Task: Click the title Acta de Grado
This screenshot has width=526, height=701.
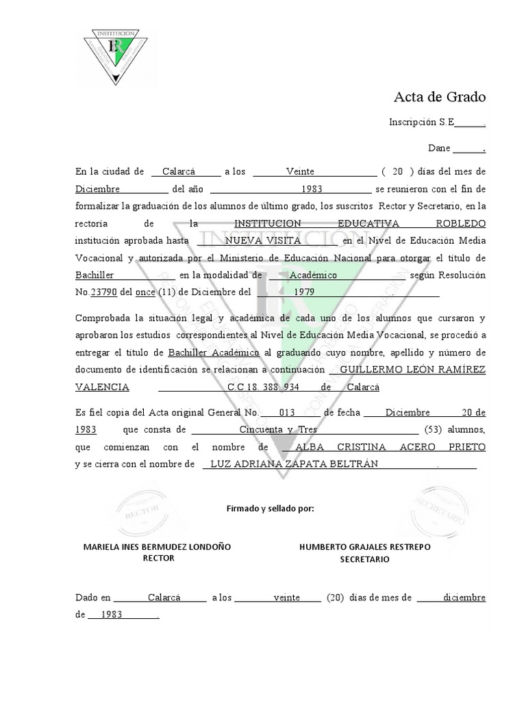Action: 439,97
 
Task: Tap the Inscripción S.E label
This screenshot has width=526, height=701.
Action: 421,123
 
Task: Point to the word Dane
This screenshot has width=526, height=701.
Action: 439,148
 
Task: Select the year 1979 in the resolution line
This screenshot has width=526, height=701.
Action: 305,292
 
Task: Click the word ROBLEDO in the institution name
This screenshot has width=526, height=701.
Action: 460,224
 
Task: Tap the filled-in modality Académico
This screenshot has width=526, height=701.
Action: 314,275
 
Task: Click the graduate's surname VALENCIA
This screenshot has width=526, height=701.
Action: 102,387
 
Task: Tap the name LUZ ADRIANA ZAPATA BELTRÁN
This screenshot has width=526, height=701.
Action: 294,464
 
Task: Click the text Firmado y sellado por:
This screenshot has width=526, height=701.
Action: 270,509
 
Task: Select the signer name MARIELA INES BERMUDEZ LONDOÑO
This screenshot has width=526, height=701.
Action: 157,547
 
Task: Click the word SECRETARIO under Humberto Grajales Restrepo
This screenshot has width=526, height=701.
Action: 364,559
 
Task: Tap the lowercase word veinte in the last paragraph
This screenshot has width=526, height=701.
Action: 286,598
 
